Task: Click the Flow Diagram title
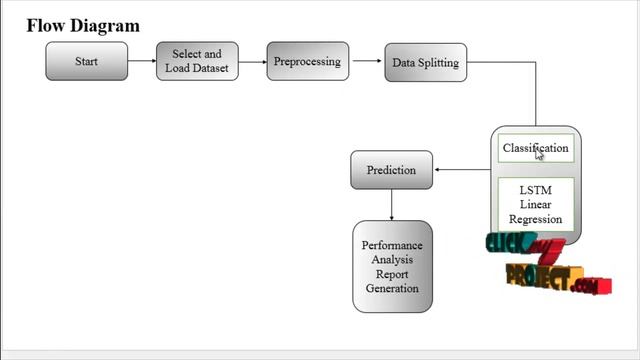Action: [x=83, y=25]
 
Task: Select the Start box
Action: [x=86, y=62]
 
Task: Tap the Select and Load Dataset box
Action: [x=197, y=62]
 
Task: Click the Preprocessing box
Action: [x=307, y=62]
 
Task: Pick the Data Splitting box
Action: [x=425, y=62]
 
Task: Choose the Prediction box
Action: [x=391, y=170]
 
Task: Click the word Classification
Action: [x=535, y=148]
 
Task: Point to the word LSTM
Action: [x=535, y=190]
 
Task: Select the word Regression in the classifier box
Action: [x=535, y=219]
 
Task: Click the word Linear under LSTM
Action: [x=535, y=205]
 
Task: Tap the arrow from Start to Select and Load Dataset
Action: [x=141, y=62]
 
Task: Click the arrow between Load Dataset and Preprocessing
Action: [x=252, y=62]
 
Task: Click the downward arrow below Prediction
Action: [x=391, y=204]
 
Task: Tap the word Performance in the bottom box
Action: [x=392, y=246]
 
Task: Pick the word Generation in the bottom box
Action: [x=392, y=288]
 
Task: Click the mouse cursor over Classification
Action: [x=540, y=153]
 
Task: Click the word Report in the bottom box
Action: [x=392, y=274]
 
